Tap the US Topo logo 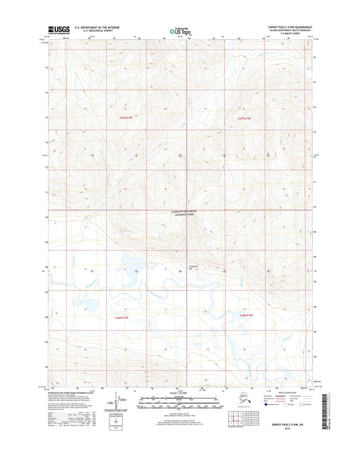pyautogui.click(x=180, y=31)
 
